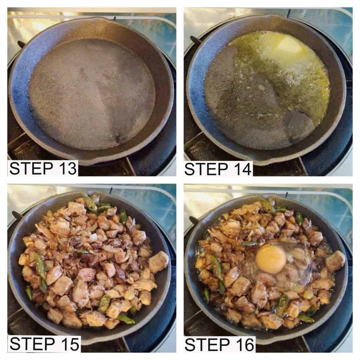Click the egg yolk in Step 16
[271, 258]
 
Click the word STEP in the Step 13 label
[31, 168]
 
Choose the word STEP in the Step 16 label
[207, 345]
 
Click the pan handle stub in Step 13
[21, 44]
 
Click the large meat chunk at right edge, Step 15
[159, 262]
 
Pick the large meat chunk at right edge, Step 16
[335, 261]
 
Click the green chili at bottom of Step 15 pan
[126, 319]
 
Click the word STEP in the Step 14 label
[206, 169]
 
